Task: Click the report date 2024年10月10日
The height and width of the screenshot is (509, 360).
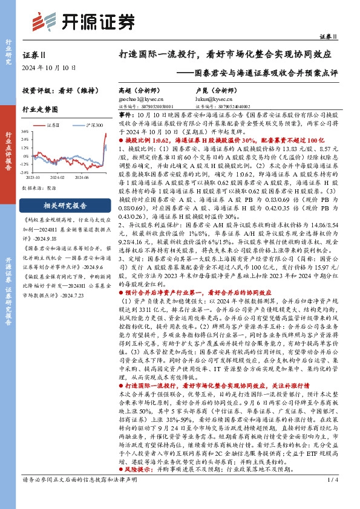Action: coord(45,67)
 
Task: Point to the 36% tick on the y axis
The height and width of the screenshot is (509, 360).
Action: coord(25,130)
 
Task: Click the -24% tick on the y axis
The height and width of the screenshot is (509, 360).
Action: coord(25,173)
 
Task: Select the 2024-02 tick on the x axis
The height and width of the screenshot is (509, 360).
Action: coord(57,178)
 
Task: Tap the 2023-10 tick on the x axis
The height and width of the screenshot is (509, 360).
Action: coord(33,178)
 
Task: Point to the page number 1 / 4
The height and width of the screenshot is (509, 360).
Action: coord(332,497)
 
